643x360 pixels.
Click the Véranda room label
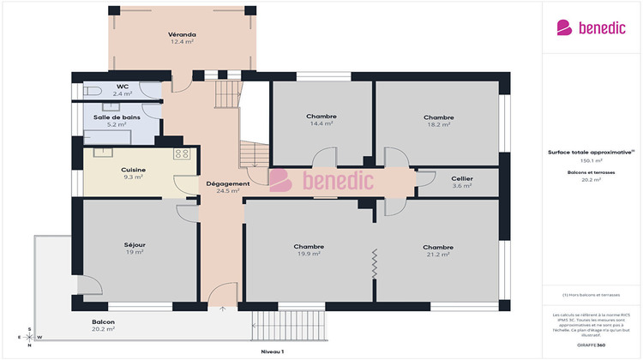click(181, 34)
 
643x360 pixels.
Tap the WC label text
click(123, 87)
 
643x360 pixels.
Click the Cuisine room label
click(133, 170)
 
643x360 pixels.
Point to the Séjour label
click(135, 244)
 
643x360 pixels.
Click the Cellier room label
click(462, 178)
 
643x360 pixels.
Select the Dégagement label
click(227, 183)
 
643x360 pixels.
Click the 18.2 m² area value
click(438, 124)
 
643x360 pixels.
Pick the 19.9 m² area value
click(309, 254)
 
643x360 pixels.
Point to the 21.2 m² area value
click(437, 254)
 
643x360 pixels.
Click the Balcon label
click(103, 322)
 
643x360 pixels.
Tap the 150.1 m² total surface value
click(592, 160)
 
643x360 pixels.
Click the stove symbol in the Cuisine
click(182, 153)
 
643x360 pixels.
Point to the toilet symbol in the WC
click(91, 89)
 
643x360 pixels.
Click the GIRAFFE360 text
click(591, 345)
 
